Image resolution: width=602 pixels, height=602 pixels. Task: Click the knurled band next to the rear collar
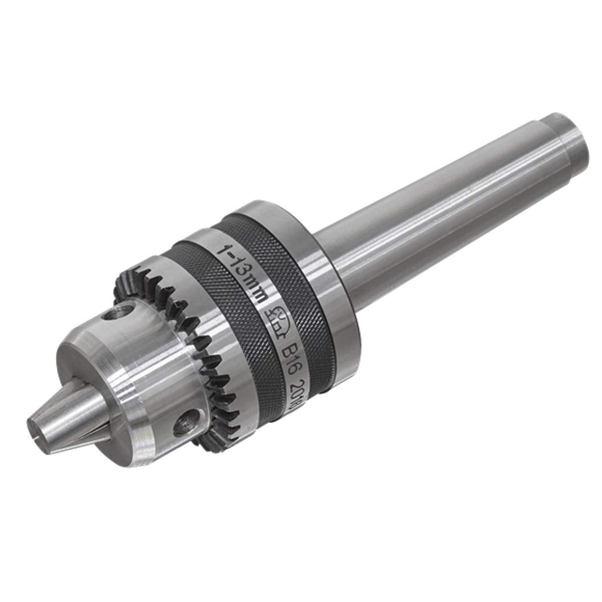pyautogui.click(x=302, y=278)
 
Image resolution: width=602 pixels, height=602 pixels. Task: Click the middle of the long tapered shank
pyautogui.click(x=446, y=198)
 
